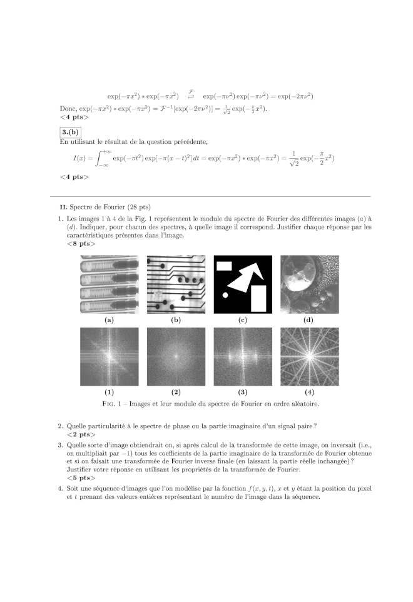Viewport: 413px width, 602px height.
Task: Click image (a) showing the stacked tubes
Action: tap(110, 284)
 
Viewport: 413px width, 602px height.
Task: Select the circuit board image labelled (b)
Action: tap(176, 284)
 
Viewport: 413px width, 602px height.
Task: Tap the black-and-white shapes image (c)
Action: tap(243, 284)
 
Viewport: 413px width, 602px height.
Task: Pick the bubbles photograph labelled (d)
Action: tap(309, 284)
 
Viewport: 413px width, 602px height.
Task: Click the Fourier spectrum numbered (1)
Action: tap(110, 356)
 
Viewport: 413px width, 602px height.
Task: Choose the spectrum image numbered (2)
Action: tap(176, 356)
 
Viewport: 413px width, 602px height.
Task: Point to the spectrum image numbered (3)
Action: tap(243, 356)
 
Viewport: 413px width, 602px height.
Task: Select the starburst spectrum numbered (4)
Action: tap(309, 356)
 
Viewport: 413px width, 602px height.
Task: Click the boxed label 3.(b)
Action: tap(69, 131)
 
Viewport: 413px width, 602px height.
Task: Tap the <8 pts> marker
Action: tap(81, 244)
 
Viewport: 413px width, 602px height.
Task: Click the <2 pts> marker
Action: tap(81, 434)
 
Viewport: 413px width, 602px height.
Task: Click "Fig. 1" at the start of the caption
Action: tap(112, 404)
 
